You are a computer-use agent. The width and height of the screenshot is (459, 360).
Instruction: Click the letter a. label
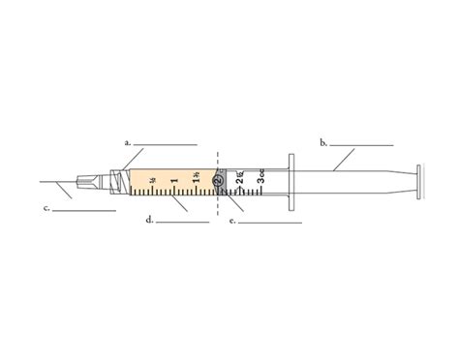click(127, 141)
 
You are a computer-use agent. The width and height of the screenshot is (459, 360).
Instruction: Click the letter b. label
click(322, 142)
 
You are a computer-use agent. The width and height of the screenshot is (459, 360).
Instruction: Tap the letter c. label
click(46, 207)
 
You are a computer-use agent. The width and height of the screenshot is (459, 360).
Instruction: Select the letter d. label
click(148, 220)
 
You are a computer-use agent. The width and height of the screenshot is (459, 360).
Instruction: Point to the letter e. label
click(231, 221)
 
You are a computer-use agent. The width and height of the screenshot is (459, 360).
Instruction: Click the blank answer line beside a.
click(165, 144)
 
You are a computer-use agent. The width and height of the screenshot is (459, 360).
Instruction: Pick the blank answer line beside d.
click(182, 223)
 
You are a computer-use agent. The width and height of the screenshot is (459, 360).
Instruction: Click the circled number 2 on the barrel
click(219, 180)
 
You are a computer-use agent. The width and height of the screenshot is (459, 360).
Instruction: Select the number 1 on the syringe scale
click(173, 180)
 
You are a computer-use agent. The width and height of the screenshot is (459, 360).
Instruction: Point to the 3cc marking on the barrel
click(260, 179)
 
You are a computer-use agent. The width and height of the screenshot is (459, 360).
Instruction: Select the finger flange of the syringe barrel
click(290, 182)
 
